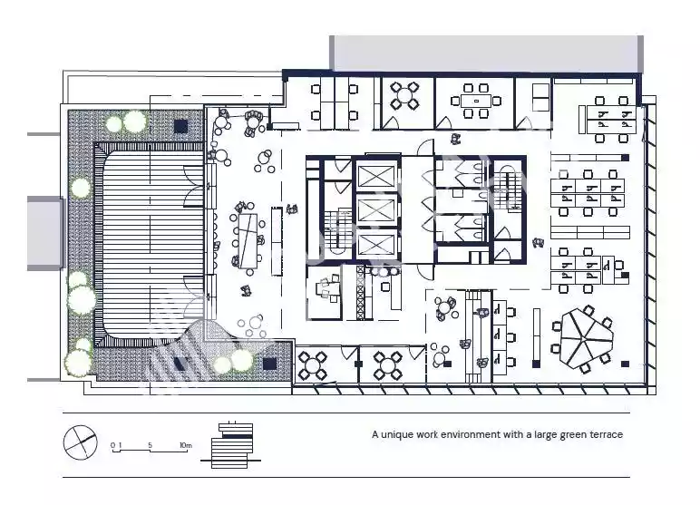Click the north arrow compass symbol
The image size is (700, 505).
pos(81,442)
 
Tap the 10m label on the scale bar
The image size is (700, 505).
pos(186,445)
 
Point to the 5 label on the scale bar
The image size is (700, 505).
pos(150,445)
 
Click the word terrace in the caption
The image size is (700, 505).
pos(607,434)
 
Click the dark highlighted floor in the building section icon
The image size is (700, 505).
pos(237,436)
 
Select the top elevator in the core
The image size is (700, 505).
pos(377,177)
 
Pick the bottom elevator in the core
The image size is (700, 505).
pos(377,245)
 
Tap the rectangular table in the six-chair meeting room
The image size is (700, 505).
pos(476,101)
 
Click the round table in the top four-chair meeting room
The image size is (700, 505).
pos(404,95)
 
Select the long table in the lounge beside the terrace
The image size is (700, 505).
pos(248,241)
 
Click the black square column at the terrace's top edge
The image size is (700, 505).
pos(180,126)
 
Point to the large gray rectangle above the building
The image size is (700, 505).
pos(487,53)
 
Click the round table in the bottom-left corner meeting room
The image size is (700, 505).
pos(313,365)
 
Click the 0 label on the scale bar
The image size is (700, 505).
pos(113,445)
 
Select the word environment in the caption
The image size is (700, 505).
pos(471,434)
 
